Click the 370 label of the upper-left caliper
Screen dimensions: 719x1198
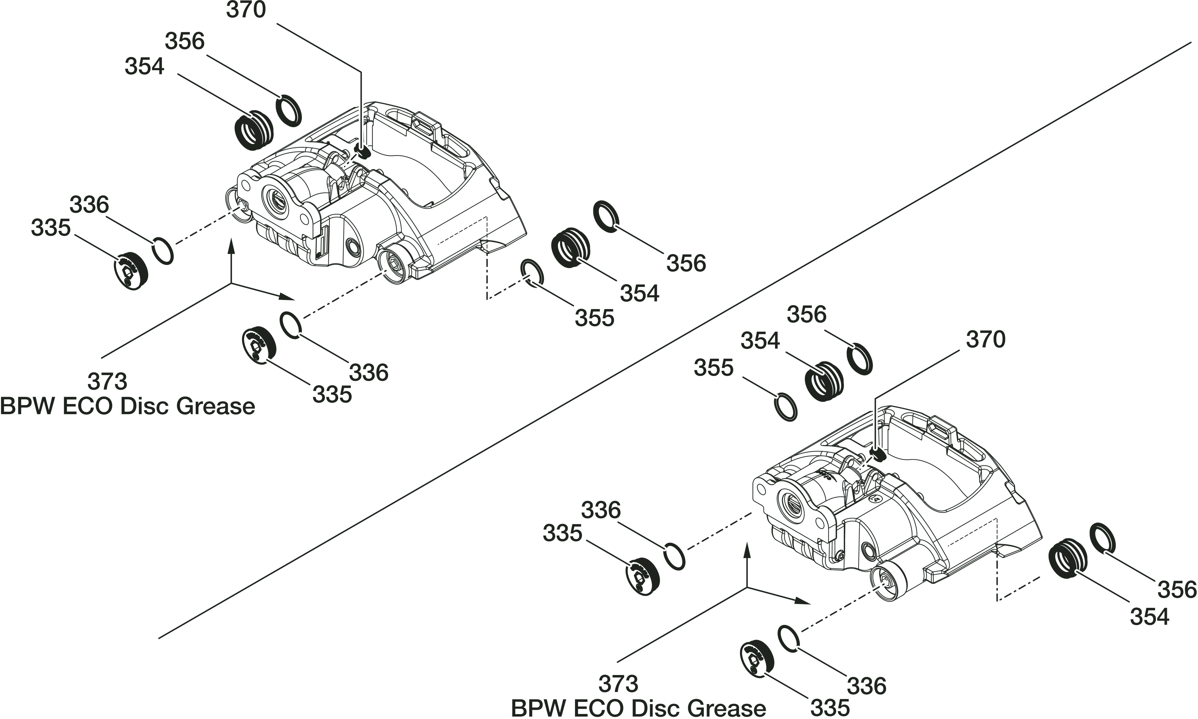click(246, 10)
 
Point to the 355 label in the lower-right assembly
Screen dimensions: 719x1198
click(713, 368)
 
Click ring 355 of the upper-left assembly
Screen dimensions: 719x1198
click(532, 273)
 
